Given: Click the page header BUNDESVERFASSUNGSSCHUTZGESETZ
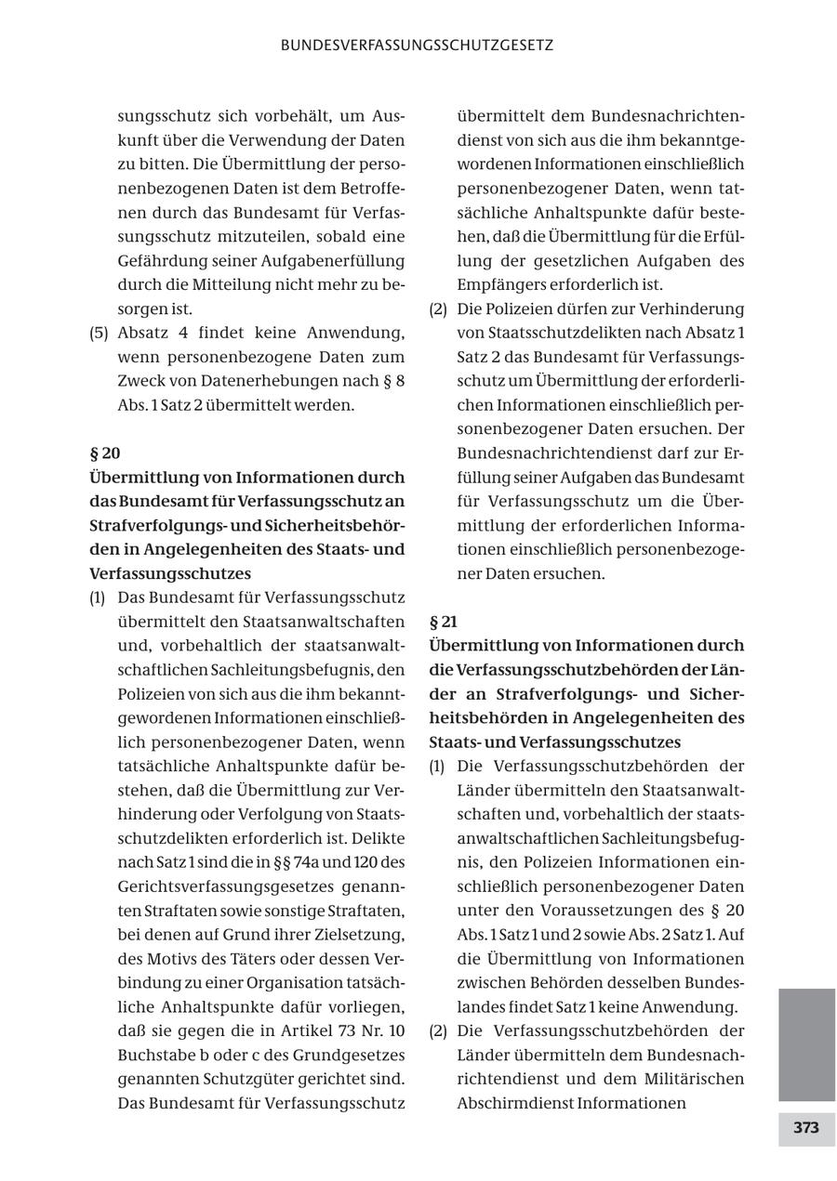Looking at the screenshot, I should (x=418, y=45).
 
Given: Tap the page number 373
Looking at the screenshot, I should (x=805, y=1128).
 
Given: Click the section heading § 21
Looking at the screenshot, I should (x=443, y=622).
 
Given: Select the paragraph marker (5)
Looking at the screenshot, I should (x=99, y=333).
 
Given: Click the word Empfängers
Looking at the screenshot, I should (x=498, y=284).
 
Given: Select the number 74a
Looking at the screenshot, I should (x=308, y=861).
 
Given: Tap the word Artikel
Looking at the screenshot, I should (x=313, y=1030).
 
